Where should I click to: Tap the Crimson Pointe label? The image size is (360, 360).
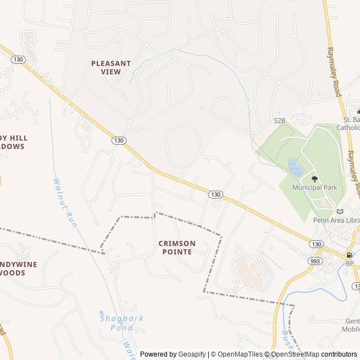point(177,247)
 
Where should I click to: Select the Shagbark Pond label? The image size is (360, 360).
point(121,322)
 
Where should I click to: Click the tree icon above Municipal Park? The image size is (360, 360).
point(314,179)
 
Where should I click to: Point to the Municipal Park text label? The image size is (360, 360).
point(314,187)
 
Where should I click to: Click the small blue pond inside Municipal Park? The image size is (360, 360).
point(294,166)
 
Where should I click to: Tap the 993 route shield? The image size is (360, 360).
point(315,261)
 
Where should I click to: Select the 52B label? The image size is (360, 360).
point(280,120)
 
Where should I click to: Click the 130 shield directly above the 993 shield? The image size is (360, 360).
point(316,244)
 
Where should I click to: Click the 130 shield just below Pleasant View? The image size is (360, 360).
point(118,140)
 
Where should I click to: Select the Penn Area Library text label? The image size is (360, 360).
point(336,220)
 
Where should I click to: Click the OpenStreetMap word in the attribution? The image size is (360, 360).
point(296,354)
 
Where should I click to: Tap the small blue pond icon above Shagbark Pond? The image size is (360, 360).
point(102,313)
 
